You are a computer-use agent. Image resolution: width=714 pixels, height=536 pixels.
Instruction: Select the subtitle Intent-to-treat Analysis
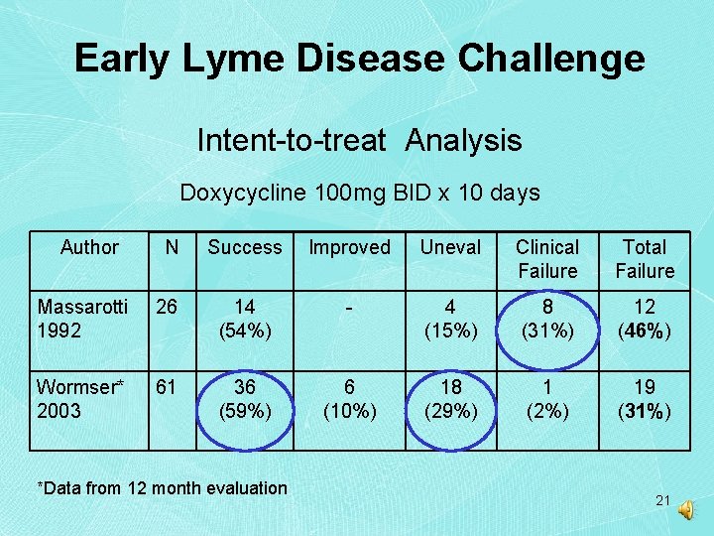tap(359, 140)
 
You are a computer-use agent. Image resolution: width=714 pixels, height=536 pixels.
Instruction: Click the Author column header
tap(89, 247)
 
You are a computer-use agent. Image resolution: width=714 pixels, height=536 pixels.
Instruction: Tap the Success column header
tap(245, 247)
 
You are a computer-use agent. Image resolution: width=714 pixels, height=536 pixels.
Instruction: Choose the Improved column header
tap(349, 247)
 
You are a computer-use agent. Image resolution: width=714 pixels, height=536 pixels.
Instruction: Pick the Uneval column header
tap(450, 247)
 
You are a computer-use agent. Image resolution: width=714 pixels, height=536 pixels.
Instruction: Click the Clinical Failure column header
tap(547, 259)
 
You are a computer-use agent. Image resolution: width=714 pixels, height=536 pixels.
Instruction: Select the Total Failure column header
tap(645, 259)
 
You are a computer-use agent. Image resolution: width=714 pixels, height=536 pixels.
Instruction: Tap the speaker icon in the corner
tap(687, 508)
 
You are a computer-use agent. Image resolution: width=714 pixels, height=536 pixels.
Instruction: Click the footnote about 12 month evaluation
tap(162, 487)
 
